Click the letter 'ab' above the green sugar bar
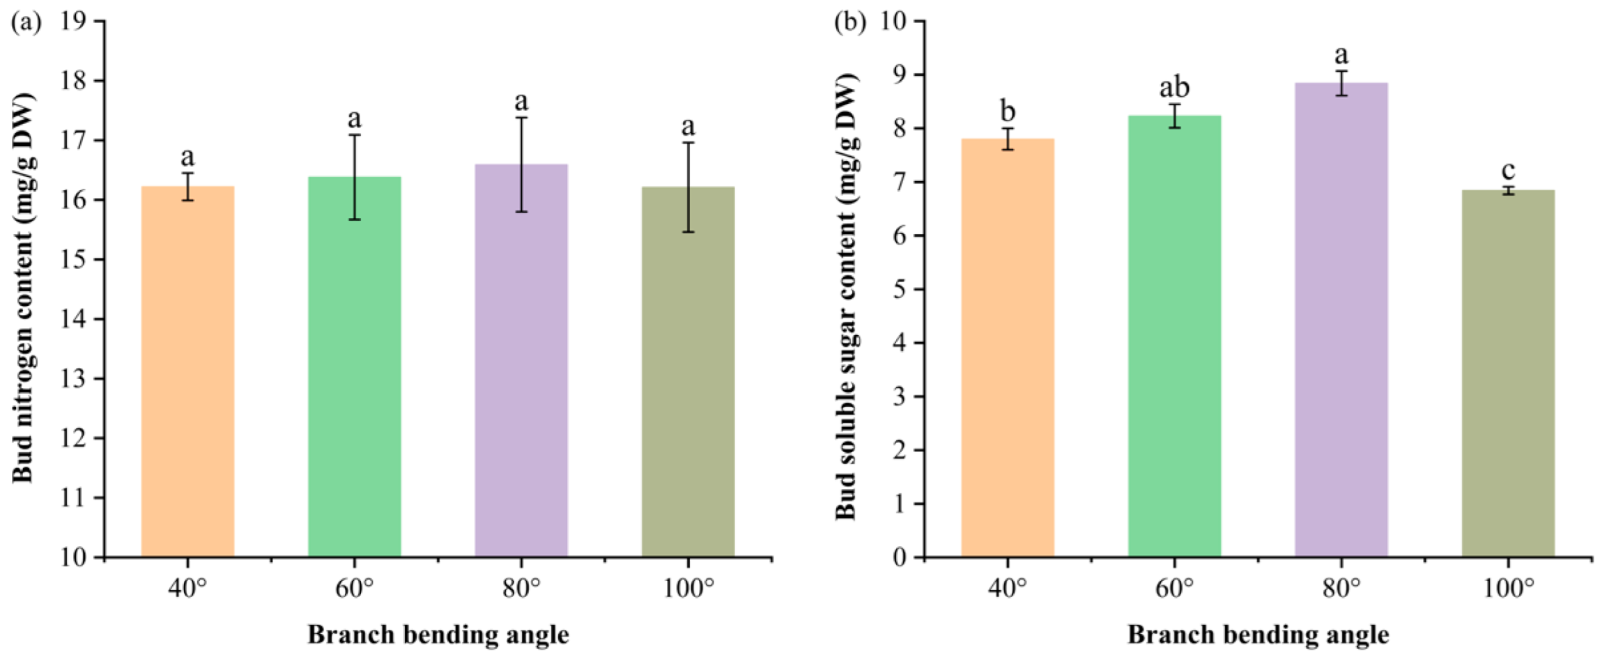[1174, 88]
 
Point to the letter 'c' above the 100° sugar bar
[1507, 169]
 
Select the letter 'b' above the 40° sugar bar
[1008, 111]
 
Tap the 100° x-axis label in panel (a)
[688, 589]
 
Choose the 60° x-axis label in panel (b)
[1174, 589]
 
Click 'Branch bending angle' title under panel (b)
[1258, 635]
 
